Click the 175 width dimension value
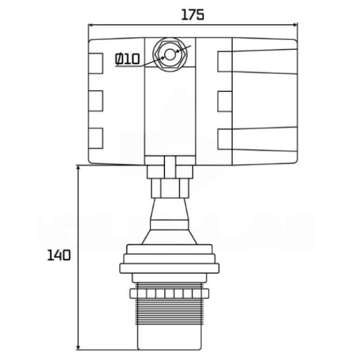coord(192,14)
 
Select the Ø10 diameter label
coord(127,59)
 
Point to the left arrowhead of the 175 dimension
coord(92,25)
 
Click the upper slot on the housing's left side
coord(95,61)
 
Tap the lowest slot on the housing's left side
coord(95,137)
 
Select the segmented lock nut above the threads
coord(170,293)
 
